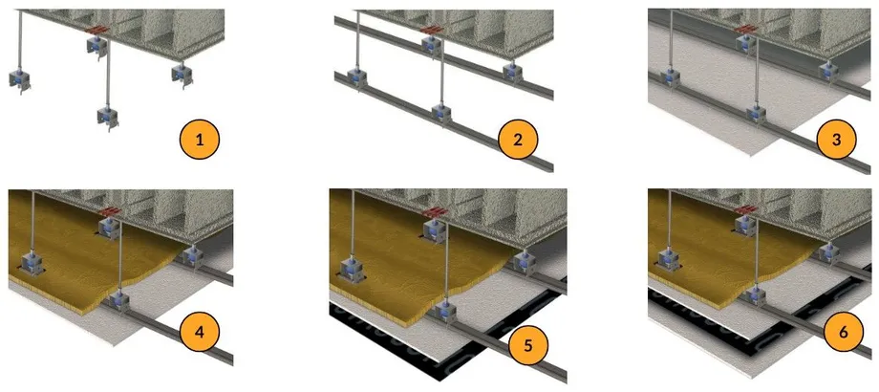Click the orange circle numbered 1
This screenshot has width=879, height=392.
[200, 140]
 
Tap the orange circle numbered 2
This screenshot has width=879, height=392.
[518, 140]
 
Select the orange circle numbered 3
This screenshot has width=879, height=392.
[836, 140]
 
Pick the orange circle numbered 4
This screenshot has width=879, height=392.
[200, 332]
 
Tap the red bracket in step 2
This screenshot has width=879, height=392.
[431, 29]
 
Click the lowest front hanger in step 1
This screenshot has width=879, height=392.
[109, 116]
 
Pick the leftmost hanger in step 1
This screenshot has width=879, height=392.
[20, 80]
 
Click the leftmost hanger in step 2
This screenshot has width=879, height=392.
[356, 79]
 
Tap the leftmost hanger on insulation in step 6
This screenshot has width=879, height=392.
[670, 258]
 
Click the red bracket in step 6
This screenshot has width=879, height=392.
[747, 209]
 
